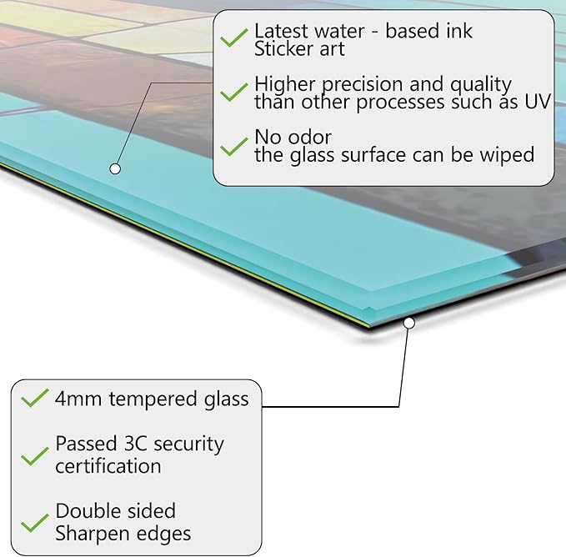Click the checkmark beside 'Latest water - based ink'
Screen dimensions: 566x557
pos(234,38)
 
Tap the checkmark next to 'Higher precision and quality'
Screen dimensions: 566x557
pos(234,92)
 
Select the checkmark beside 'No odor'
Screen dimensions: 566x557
pos(234,146)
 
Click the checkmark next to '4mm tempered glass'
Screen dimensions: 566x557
pos(35,398)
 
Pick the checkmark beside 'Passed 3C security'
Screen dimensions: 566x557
pos(35,456)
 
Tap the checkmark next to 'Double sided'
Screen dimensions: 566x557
pos(35,523)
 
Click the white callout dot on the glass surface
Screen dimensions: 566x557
pos(115,168)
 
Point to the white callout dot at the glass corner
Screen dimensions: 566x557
pos(409,323)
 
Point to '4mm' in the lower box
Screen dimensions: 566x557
pos(78,399)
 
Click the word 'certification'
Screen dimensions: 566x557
pos(108,466)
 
